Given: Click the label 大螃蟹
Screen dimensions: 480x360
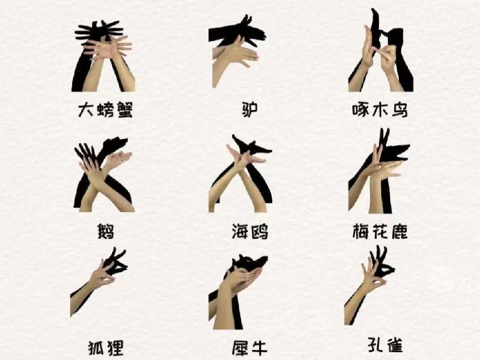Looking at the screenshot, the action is click(x=106, y=110).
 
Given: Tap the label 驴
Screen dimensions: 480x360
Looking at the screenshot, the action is click(x=249, y=109).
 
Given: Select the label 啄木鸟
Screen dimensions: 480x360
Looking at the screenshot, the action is click(x=380, y=110).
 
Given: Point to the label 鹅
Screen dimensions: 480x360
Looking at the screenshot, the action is click(x=106, y=232).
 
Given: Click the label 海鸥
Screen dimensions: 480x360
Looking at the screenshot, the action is click(x=250, y=232).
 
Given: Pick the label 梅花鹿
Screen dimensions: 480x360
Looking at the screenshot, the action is click(x=380, y=232).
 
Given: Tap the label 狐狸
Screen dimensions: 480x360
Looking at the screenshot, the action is click(x=106, y=347).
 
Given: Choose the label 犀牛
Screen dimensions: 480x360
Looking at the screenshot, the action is click(x=249, y=347).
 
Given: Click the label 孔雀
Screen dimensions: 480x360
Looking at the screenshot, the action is click(x=385, y=344).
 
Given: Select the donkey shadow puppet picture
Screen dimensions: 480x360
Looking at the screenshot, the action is click(x=237, y=52).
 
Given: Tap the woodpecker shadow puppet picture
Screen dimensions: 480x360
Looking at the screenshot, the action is click(x=381, y=50).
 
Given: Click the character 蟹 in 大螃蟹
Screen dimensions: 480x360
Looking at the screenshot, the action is click(x=124, y=110).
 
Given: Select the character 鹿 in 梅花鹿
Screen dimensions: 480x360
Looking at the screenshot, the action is click(x=399, y=232).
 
